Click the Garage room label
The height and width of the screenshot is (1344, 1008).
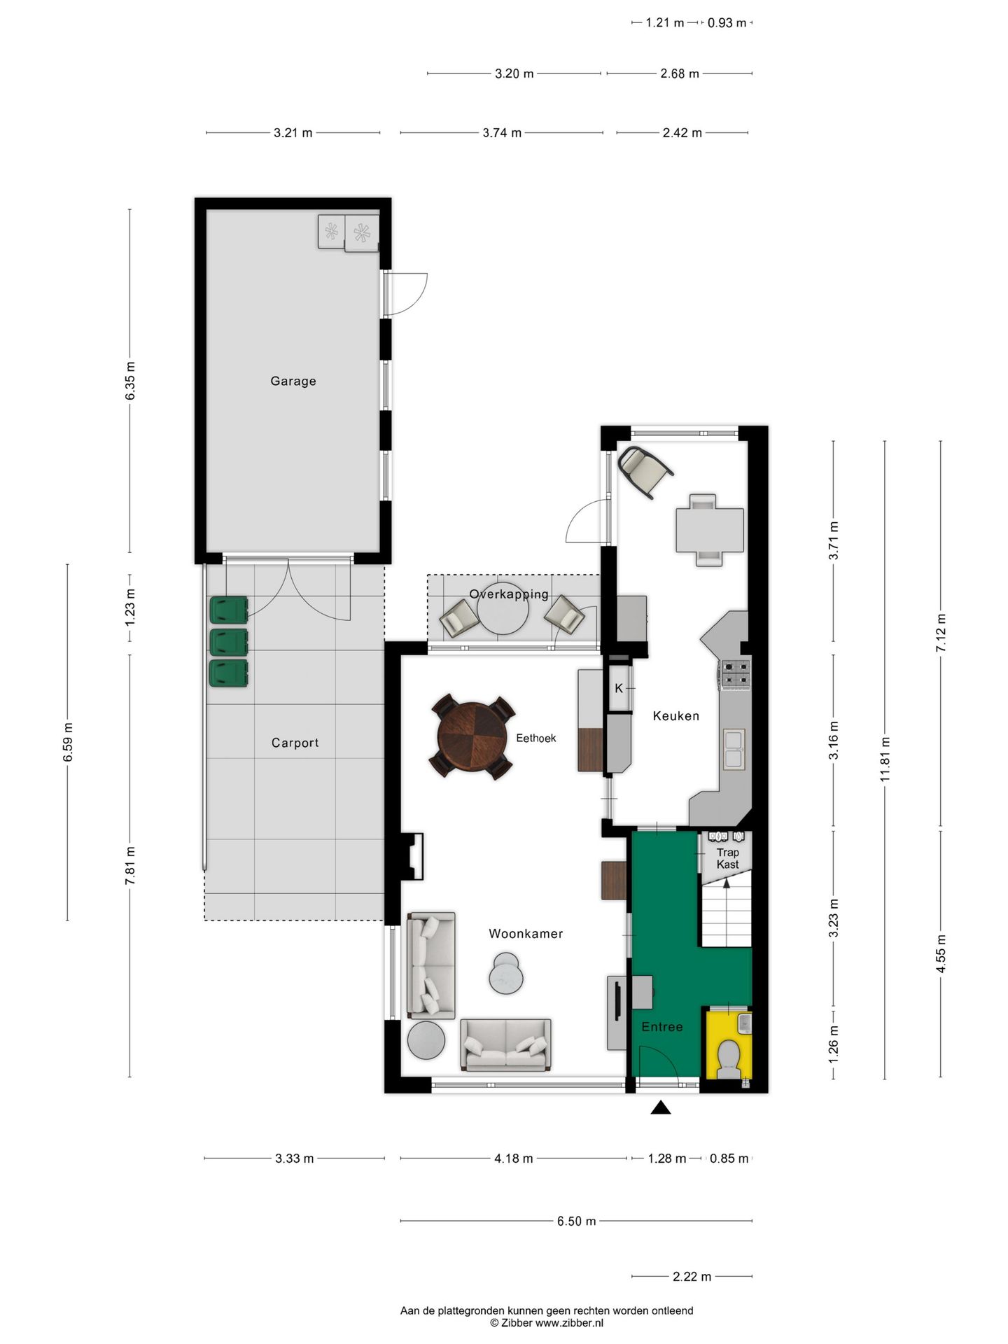point(293,381)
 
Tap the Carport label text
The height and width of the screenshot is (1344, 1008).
point(295,743)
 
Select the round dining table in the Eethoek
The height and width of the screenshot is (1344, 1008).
point(472,737)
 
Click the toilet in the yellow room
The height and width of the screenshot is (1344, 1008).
point(729,1058)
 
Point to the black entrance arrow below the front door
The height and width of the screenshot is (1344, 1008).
point(661,1107)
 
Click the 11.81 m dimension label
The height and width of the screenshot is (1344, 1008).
point(885,759)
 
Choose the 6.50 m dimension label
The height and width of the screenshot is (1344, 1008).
point(576,1221)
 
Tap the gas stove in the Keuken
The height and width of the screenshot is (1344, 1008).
point(735,674)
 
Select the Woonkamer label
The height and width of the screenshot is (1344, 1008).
point(526,934)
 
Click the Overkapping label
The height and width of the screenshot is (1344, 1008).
point(509,594)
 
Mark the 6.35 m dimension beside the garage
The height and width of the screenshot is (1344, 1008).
point(130,381)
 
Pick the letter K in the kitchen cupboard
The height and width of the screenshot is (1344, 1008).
point(619,689)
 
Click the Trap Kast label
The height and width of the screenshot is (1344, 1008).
point(727,858)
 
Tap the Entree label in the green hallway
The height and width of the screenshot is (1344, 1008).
point(661,1027)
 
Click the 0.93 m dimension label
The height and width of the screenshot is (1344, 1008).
point(727,23)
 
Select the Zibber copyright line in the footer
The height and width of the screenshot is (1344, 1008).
point(546,1323)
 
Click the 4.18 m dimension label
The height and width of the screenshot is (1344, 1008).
point(513,1158)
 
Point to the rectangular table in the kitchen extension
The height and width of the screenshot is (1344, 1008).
point(709,530)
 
